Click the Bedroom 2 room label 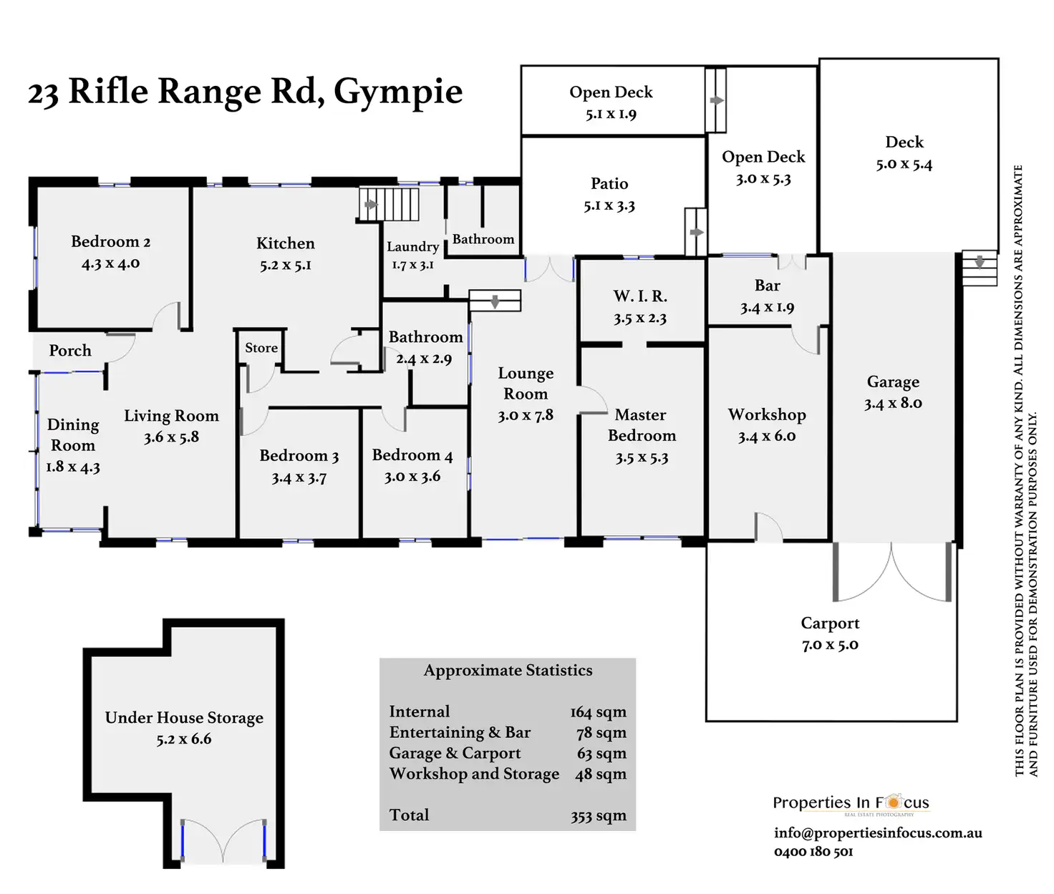(110, 242)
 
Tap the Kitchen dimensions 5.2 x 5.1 (285, 265)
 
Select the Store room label (261, 348)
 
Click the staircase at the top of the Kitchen (389, 204)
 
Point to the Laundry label (412, 247)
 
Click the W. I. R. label (640, 296)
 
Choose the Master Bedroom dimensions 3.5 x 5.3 (642, 457)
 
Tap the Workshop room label (767, 415)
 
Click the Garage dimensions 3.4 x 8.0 (893, 403)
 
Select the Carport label (830, 623)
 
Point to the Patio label (609, 184)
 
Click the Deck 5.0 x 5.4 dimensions (904, 164)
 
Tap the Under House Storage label (184, 718)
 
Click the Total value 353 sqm (599, 815)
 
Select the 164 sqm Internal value (599, 712)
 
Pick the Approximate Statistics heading (508, 671)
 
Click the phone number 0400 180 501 (813, 852)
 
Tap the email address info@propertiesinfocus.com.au (878, 832)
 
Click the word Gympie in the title (398, 93)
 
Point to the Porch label (70, 351)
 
